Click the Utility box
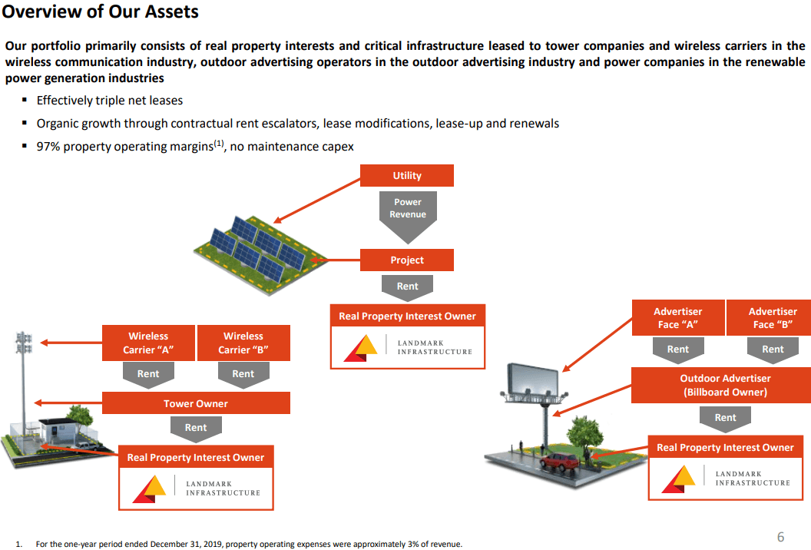point(406,175)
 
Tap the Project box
point(406,260)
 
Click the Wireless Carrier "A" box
point(148,343)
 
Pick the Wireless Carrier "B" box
point(243,343)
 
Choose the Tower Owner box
point(196,403)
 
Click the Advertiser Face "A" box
point(678,318)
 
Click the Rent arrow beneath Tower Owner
point(196,429)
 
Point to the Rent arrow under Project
point(407,287)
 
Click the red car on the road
point(560,462)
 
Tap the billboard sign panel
point(533,380)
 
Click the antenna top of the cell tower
point(23,343)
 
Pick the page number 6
point(780,537)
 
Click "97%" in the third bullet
point(48,147)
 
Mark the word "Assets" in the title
point(172,12)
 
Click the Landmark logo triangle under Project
point(360,348)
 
